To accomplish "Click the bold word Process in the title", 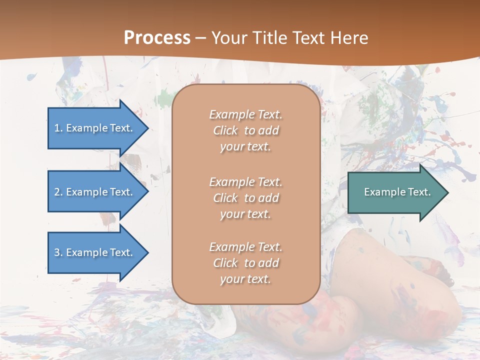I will pyautogui.click(x=157, y=38).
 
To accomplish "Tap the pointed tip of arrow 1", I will pyautogui.click(x=147, y=128).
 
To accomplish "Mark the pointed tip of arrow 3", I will pyautogui.click(x=147, y=252).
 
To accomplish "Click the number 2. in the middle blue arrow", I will pyautogui.click(x=58, y=192).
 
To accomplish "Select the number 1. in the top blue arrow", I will pyautogui.click(x=58, y=128).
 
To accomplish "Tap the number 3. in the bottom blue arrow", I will pyautogui.click(x=58, y=252).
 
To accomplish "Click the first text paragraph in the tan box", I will pyautogui.click(x=245, y=130).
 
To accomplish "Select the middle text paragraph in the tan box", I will pyautogui.click(x=245, y=198).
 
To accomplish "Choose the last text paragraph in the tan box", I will pyautogui.click(x=245, y=263).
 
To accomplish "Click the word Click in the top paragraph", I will pyautogui.click(x=225, y=130).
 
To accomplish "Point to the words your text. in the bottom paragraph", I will pyautogui.click(x=245, y=279).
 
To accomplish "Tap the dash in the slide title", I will pyautogui.click(x=200, y=38).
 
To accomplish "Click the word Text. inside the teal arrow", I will pyautogui.click(x=417, y=192).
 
